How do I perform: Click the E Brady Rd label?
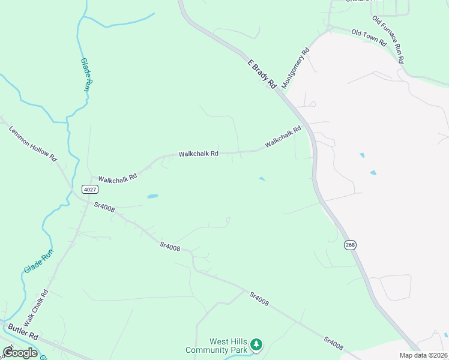(x=261, y=74)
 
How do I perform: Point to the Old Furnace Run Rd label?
(x=387, y=40)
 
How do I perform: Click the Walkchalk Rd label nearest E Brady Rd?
(x=283, y=137)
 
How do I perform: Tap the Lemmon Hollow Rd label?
(x=33, y=143)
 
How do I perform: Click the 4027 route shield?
(x=89, y=190)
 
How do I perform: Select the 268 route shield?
(x=351, y=244)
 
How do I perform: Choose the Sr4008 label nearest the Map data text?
(x=333, y=343)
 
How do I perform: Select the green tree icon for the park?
(x=256, y=344)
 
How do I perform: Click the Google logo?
(x=20, y=353)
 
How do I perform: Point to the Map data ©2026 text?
(x=424, y=355)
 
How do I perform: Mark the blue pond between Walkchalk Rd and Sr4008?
(x=152, y=196)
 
